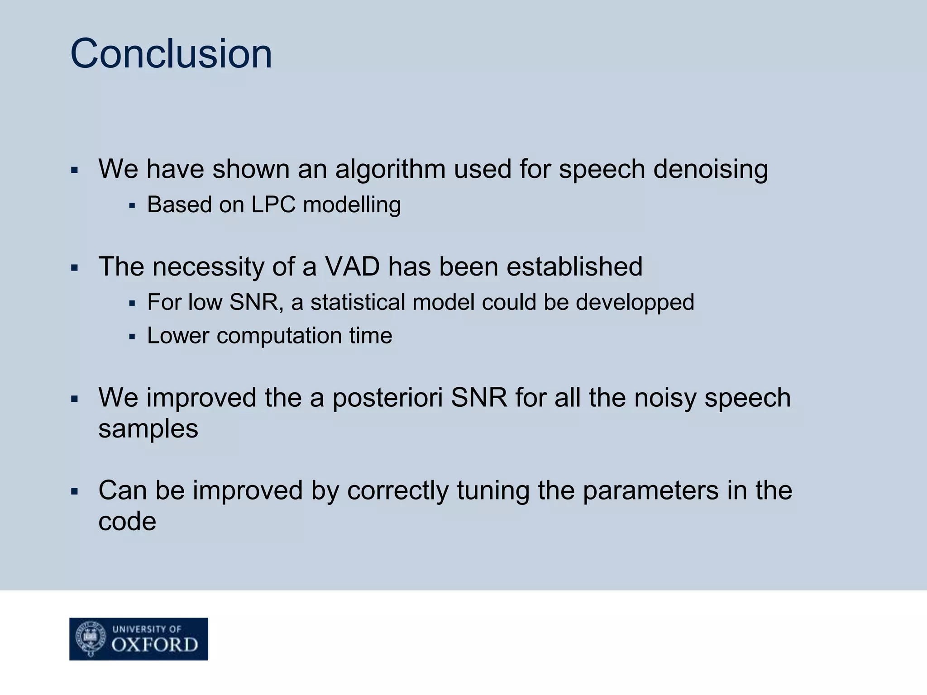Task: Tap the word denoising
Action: click(711, 169)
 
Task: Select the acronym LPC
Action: click(273, 205)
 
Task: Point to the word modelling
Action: click(352, 205)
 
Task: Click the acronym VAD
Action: click(352, 266)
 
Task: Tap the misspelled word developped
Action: click(635, 302)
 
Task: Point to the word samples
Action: click(148, 429)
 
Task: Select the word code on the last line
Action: click(127, 521)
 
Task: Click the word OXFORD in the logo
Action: click(154, 644)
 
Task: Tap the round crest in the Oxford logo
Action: click(91, 638)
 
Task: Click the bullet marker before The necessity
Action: click(75, 268)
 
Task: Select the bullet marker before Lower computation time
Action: click(132, 337)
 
